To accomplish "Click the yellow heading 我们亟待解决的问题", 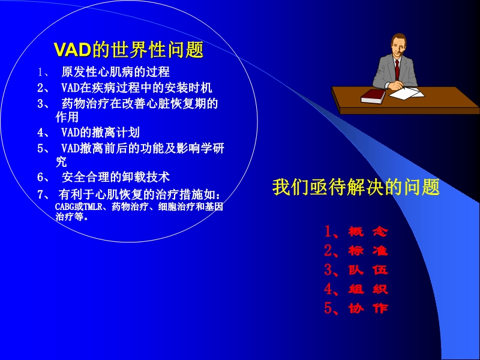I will pyautogui.click(x=356, y=187).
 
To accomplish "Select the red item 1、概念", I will pyautogui.click(x=355, y=232).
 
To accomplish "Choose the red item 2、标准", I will pyautogui.click(x=355, y=251).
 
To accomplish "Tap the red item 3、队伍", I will pyautogui.click(x=355, y=270).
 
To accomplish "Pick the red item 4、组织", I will pyautogui.click(x=355, y=289).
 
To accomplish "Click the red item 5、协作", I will pyautogui.click(x=355, y=308).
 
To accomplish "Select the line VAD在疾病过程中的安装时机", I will pyautogui.click(x=136, y=88).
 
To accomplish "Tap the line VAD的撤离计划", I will pyautogui.click(x=100, y=132).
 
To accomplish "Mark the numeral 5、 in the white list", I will pyautogui.click(x=43, y=148).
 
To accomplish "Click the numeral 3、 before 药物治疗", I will pyautogui.click(x=43, y=103).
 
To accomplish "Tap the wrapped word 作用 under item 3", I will pyautogui.click(x=67, y=118).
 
